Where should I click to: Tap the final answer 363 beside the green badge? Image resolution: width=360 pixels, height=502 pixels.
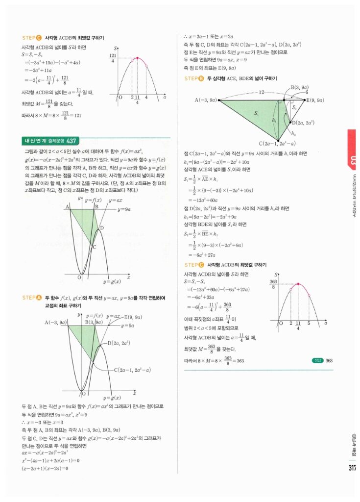pos(329,361)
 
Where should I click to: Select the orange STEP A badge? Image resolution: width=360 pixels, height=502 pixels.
pos(32,298)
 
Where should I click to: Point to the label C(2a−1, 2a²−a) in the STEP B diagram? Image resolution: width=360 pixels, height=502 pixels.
pos(277,144)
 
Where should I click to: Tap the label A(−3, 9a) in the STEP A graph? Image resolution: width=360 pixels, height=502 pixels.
pos(55,322)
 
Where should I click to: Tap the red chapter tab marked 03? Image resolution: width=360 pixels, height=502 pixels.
pos(354,159)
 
